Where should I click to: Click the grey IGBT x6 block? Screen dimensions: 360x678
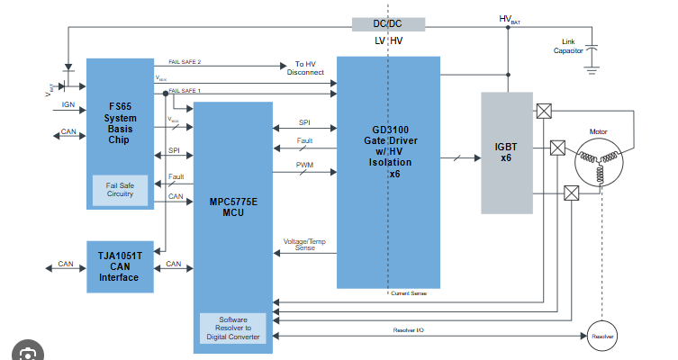(x=507, y=153)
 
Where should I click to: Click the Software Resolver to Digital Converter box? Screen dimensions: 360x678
(x=232, y=328)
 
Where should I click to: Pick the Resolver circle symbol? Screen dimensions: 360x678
(x=602, y=337)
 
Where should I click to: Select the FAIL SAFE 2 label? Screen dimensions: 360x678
(x=184, y=61)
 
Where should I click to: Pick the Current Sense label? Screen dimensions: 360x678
(x=410, y=293)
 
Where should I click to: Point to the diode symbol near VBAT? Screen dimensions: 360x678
(x=68, y=68)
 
